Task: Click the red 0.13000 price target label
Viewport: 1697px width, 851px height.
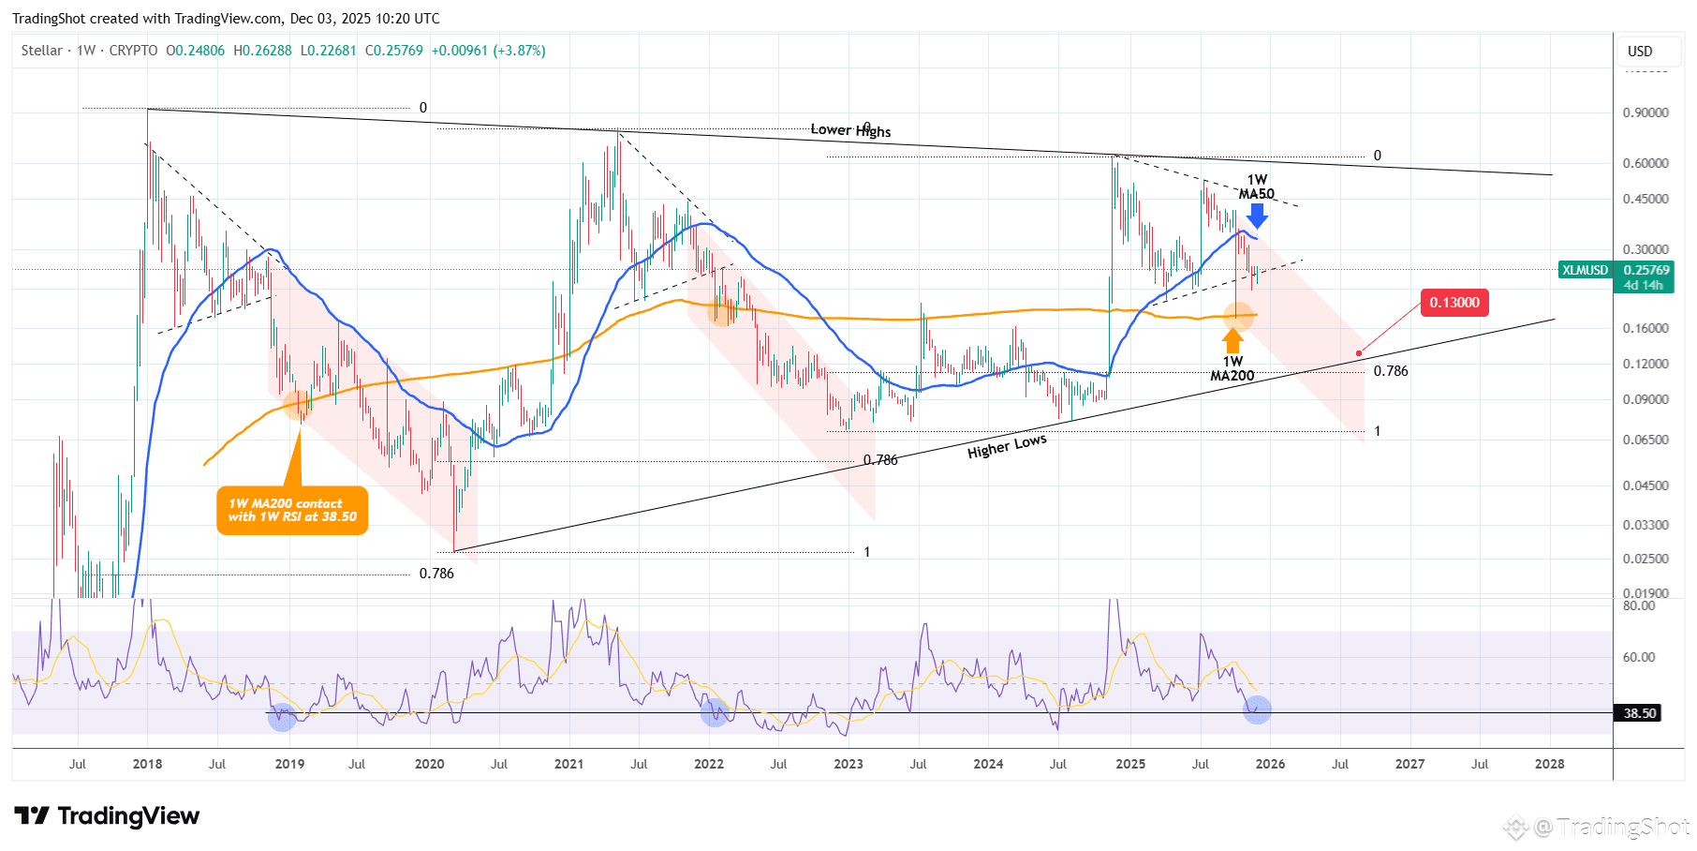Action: pos(1454,303)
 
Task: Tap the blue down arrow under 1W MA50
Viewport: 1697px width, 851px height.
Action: pos(1257,216)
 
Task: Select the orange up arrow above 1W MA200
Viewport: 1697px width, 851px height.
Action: pos(1233,340)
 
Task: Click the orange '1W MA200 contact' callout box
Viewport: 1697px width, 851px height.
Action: pos(292,510)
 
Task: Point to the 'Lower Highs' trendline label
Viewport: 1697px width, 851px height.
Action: pos(850,130)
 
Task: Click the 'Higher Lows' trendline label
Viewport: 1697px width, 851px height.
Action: pos(1007,446)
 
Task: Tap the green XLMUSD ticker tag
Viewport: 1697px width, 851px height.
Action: pos(1585,270)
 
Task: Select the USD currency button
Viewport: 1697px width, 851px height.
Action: pos(1640,52)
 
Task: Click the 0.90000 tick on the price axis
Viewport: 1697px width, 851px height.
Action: pos(1645,112)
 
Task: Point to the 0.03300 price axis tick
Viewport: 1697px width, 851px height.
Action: pos(1645,525)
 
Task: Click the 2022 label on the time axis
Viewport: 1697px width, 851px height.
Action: pos(709,764)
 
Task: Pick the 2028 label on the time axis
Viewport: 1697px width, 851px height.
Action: pos(1549,764)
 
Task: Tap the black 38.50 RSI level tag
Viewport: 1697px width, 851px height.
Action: pos(1639,713)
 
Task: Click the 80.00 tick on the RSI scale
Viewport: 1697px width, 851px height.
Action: pos(1639,605)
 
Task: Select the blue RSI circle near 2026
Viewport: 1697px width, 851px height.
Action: pos(1257,709)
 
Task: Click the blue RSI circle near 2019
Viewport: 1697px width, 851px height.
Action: pos(282,718)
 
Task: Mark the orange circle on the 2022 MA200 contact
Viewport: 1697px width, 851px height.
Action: pos(721,311)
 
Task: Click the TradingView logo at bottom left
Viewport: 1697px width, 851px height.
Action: pos(107,816)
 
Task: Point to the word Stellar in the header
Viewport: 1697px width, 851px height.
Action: pos(42,51)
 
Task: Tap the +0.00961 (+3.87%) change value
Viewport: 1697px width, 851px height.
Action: pos(488,51)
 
